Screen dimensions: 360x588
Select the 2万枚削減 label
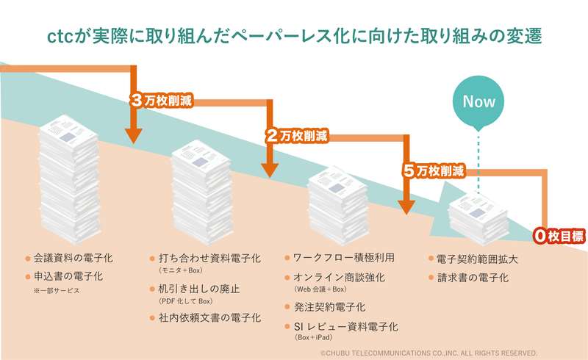coord(297,136)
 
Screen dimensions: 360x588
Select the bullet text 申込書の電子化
coord(68,276)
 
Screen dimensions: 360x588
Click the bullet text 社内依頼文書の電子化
coord(210,317)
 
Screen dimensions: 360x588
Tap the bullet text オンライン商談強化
coord(339,278)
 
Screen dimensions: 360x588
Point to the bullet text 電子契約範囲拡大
coord(477,259)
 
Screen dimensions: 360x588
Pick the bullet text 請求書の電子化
coord(472,278)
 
